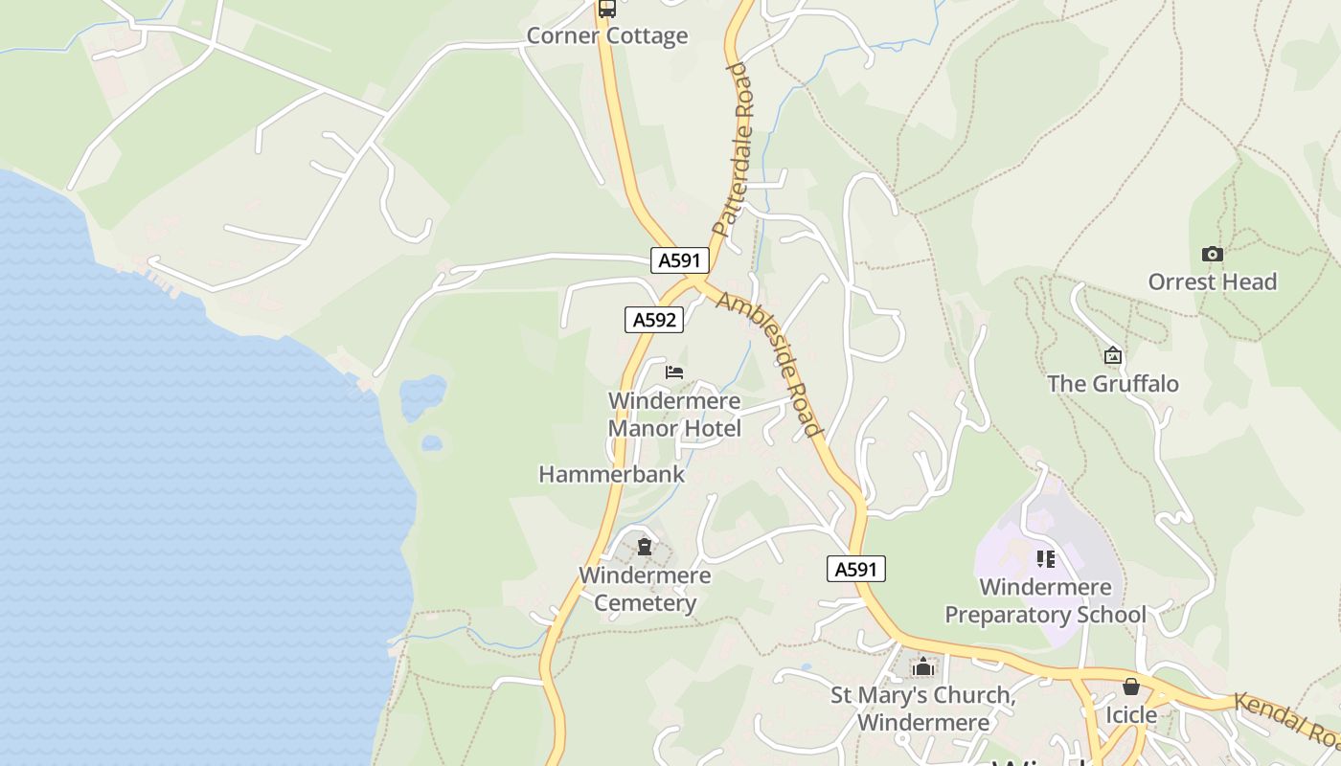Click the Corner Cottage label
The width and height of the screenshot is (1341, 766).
pyautogui.click(x=607, y=36)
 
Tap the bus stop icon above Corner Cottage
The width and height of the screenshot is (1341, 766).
pyautogui.click(x=606, y=9)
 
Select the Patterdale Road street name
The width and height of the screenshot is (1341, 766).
pyautogui.click(x=735, y=149)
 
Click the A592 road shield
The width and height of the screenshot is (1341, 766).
pyautogui.click(x=654, y=320)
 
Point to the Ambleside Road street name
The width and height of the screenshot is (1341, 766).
pyautogui.click(x=770, y=362)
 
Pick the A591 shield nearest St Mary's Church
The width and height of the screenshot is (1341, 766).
pyautogui.click(x=856, y=569)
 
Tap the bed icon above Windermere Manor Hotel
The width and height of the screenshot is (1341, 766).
pyautogui.click(x=674, y=372)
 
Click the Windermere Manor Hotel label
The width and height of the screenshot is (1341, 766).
pyautogui.click(x=674, y=414)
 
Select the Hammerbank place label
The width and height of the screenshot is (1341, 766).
pyautogui.click(x=612, y=474)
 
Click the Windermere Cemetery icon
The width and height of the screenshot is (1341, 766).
pyautogui.click(x=645, y=547)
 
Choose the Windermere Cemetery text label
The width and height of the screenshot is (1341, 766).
pyautogui.click(x=645, y=589)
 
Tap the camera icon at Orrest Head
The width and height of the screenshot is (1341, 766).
pyautogui.click(x=1212, y=254)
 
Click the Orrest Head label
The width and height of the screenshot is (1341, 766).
pyautogui.click(x=1212, y=282)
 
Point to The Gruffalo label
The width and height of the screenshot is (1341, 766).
pyautogui.click(x=1112, y=384)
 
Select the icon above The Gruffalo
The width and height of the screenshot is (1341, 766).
pyautogui.click(x=1112, y=356)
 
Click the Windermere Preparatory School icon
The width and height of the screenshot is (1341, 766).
pyautogui.click(x=1045, y=558)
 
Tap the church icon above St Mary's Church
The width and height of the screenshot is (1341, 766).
pyautogui.click(x=922, y=666)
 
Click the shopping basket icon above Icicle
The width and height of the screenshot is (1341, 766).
pyautogui.click(x=1131, y=687)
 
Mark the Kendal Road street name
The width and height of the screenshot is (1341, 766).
pyautogui.click(x=1286, y=721)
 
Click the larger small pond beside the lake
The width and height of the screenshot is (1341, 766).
pyautogui.click(x=422, y=396)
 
